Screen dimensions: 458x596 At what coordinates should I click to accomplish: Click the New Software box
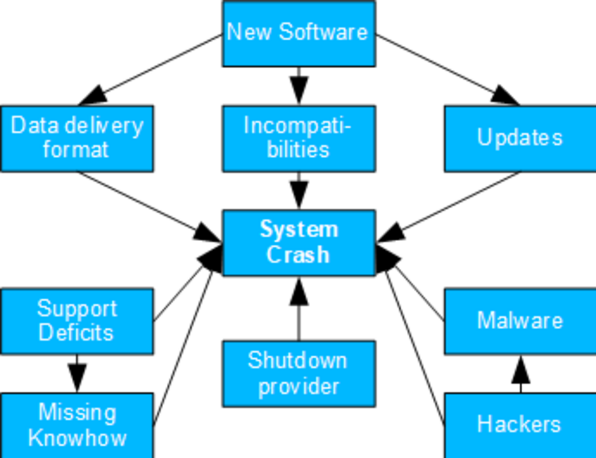coord(299,33)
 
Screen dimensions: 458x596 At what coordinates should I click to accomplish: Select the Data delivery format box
coord(77,138)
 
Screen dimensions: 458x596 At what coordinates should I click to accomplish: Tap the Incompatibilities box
coord(299,138)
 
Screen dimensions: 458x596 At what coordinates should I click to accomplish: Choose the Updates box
coord(520,138)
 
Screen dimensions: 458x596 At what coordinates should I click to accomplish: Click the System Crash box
coord(299,242)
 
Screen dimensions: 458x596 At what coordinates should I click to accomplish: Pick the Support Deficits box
coord(77,321)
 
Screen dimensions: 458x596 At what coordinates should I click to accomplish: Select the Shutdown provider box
coord(299,374)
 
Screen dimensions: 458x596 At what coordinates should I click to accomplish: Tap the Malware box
coord(520,321)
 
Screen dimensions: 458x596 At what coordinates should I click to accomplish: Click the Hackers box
coord(520,424)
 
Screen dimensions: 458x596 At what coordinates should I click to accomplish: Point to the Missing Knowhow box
coord(77,425)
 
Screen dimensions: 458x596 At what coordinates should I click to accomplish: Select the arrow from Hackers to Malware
coord(520,374)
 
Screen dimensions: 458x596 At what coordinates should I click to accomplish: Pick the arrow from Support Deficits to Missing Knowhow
coord(77,373)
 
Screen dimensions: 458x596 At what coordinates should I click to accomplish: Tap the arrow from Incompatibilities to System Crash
coord(299,190)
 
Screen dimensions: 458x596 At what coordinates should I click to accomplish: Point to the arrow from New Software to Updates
coord(448,70)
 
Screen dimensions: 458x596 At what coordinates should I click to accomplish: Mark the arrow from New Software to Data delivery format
coord(150,70)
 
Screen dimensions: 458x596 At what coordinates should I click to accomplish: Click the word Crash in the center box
coord(299,254)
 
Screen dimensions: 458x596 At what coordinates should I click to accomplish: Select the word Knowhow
coord(77,438)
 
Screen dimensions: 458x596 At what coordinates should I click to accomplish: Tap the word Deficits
coord(76,333)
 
